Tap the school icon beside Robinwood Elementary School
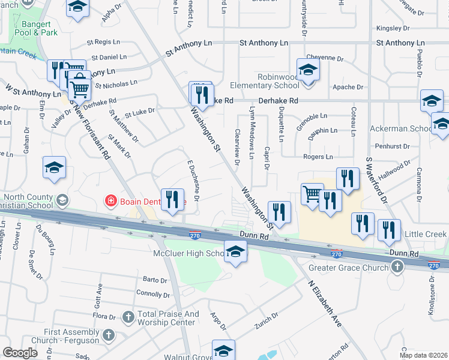pyautogui.click(x=308, y=70)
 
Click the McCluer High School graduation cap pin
pyautogui.click(x=235, y=252)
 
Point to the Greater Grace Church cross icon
pyautogui.click(x=396, y=268)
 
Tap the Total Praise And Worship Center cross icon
pyautogui.click(x=127, y=317)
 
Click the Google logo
pyautogui.click(x=20, y=353)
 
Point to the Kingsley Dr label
pyautogui.click(x=392, y=28)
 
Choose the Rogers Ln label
pyautogui.click(x=318, y=157)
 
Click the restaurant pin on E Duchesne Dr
pyautogui.click(x=172, y=200)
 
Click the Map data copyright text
pyautogui.click(x=424, y=355)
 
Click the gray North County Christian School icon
pyautogui.click(x=62, y=200)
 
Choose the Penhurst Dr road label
pyautogui.click(x=391, y=146)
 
